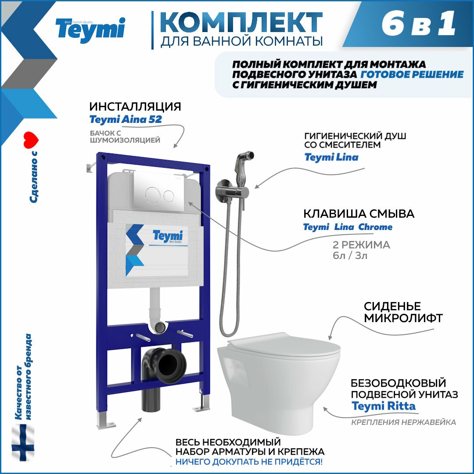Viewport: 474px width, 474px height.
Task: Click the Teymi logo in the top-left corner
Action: (90, 30)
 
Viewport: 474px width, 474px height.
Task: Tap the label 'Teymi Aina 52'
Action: (126, 119)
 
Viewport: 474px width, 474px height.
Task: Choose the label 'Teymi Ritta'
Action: (383, 406)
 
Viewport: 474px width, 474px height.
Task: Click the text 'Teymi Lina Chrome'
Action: (348, 227)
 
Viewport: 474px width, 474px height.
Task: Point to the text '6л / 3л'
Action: (350, 256)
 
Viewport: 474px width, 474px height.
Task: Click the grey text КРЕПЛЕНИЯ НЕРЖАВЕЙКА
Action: (403, 422)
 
